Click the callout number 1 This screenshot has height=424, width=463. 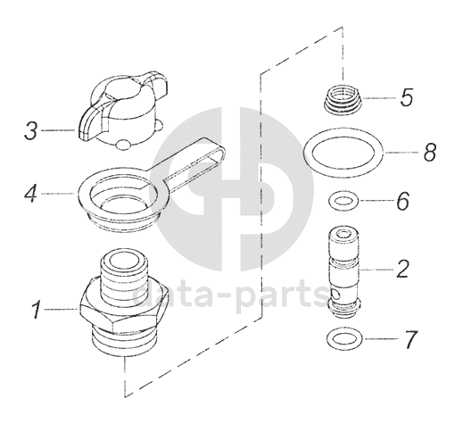[36, 310]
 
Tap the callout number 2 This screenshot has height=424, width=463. [402, 269]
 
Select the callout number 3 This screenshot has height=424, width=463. [30, 131]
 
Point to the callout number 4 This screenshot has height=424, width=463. [30, 194]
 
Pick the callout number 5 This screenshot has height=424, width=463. [407, 97]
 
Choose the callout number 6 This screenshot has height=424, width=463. [403, 202]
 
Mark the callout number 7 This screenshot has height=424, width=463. [410, 339]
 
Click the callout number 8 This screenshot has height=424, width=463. [430, 152]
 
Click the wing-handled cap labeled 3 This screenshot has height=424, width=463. [123, 110]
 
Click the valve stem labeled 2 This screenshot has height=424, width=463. [344, 271]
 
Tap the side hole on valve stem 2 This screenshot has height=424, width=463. [335, 295]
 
